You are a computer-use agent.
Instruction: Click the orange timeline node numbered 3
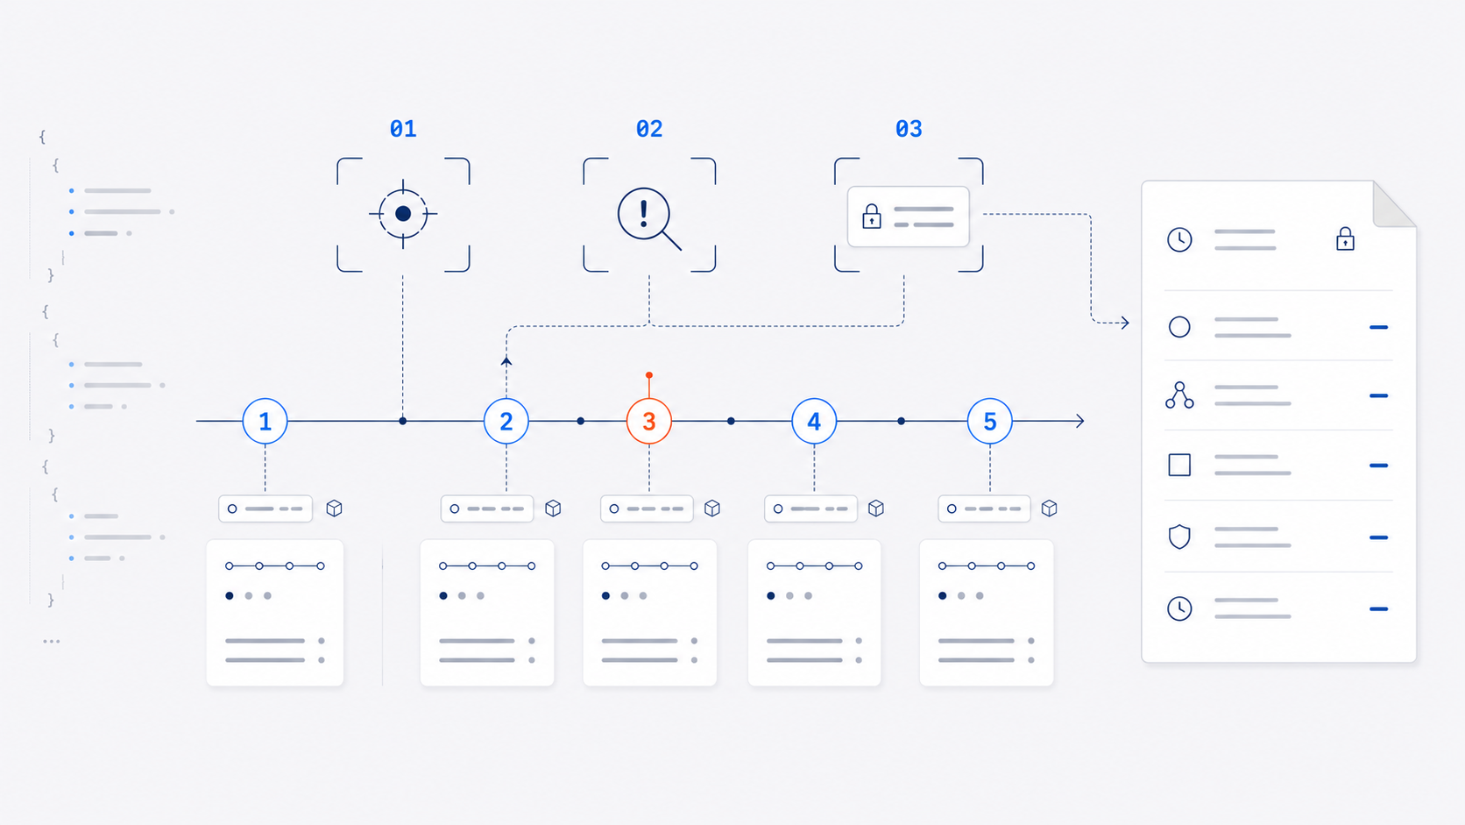648,422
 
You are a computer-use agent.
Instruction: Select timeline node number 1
265,422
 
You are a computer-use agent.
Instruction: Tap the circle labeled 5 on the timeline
989,422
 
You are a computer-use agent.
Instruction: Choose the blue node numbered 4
814,422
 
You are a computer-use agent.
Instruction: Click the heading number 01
403,129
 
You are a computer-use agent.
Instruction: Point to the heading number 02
648,129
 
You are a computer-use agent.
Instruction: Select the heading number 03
909,129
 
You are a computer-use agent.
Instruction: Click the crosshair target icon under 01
403,213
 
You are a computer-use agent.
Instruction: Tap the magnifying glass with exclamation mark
648,218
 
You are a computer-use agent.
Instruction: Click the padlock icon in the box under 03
871,216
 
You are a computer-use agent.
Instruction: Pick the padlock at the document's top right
1345,238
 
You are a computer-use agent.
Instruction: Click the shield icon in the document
1179,537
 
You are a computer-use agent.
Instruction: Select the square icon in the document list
1179,466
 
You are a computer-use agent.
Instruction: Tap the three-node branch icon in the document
1179,395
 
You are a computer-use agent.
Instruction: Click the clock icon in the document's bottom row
1179,608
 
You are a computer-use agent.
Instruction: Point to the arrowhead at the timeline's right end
1080,422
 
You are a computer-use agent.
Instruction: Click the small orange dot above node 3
648,375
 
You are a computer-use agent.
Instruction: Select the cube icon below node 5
1049,509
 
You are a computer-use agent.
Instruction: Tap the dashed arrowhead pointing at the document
1124,323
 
